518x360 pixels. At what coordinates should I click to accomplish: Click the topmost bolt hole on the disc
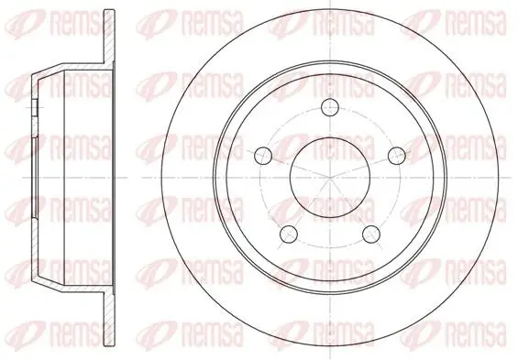[x=330, y=107]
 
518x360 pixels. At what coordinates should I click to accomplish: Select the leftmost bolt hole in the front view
[x=263, y=156]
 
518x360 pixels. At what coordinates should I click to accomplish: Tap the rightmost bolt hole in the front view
[x=396, y=156]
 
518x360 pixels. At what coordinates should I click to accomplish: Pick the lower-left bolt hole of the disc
[x=289, y=234]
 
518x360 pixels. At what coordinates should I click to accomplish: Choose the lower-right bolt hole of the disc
[x=371, y=234]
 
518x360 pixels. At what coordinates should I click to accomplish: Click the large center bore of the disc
[x=330, y=178]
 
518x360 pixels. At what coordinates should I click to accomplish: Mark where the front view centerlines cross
[x=330, y=178]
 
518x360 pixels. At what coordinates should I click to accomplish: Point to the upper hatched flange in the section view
[x=109, y=37]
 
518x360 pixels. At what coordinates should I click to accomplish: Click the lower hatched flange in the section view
[x=109, y=319]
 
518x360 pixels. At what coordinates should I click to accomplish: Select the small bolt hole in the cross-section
[x=35, y=107]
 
